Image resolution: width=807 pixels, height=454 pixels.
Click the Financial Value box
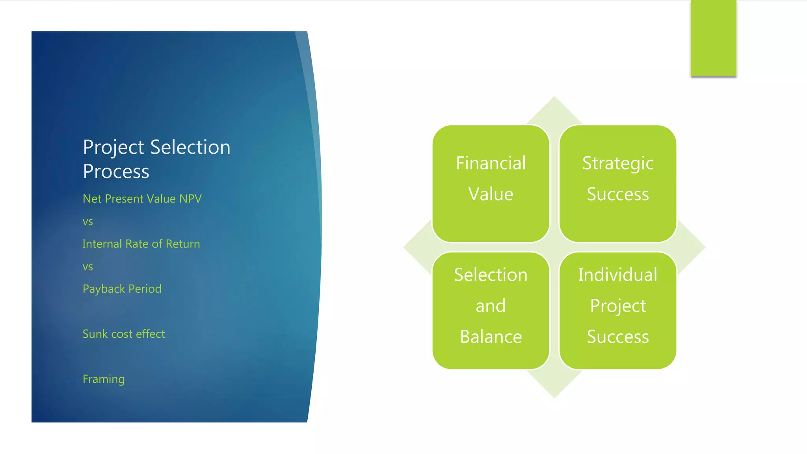491,183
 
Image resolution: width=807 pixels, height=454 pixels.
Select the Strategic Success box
617,183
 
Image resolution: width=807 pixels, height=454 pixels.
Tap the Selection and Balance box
491,311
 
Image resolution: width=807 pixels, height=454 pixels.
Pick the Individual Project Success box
617,311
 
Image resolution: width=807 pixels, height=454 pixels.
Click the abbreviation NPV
190,199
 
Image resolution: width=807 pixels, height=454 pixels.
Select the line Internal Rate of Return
141,244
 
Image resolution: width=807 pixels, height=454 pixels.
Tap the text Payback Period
122,289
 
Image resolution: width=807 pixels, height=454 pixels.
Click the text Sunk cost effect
124,334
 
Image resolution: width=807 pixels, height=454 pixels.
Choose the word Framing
104,379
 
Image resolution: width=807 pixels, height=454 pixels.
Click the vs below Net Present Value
88,222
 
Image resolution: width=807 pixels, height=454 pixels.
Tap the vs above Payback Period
88,267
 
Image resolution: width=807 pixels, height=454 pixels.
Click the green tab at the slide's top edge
713,38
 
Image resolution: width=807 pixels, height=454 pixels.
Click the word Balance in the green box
491,337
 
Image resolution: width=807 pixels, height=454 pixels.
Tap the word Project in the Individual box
617,306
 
